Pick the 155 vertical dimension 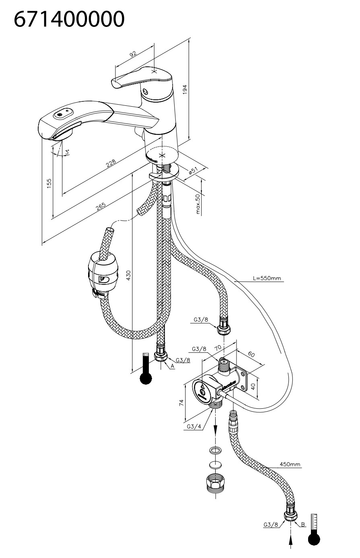[x=49, y=183]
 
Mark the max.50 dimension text [x=197, y=204]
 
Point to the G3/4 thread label [x=194, y=426]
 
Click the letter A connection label [x=172, y=366]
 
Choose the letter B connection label [x=303, y=524]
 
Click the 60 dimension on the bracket [x=251, y=354]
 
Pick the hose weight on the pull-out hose [x=103, y=274]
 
